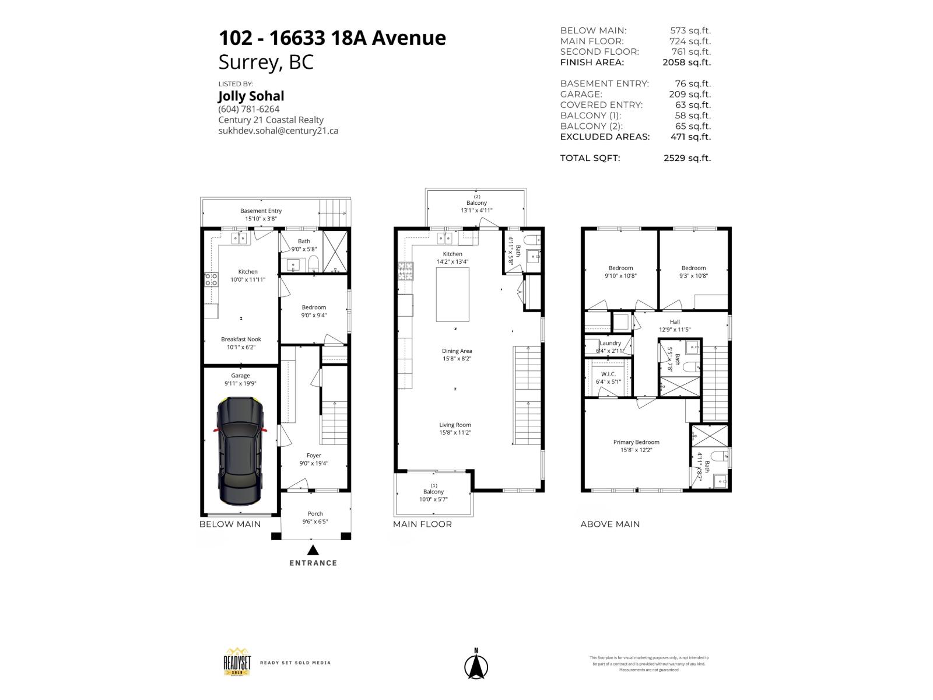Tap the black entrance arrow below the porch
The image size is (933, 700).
pyautogui.click(x=313, y=549)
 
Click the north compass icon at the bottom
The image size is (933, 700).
pyautogui.click(x=476, y=665)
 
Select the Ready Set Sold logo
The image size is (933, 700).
pyautogui.click(x=234, y=662)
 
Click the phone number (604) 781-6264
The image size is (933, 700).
pyautogui.click(x=248, y=109)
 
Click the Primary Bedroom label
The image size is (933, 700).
pyautogui.click(x=636, y=442)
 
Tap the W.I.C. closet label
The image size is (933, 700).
pyautogui.click(x=608, y=374)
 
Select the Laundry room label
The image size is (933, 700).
pyautogui.click(x=611, y=343)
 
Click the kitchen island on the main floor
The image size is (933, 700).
pyautogui.click(x=453, y=295)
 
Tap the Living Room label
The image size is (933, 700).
pyautogui.click(x=455, y=425)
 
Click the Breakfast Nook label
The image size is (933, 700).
pyautogui.click(x=241, y=339)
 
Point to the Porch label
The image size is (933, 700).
pyautogui.click(x=315, y=514)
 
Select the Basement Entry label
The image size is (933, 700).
pyautogui.click(x=261, y=211)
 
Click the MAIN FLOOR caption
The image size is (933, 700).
pyautogui.click(x=422, y=524)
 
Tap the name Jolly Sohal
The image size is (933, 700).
pyautogui.click(x=251, y=96)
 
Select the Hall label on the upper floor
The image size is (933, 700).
pyautogui.click(x=675, y=322)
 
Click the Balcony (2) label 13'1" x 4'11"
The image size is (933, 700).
pyautogui.click(x=476, y=203)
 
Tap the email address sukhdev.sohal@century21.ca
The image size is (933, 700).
pyautogui.click(x=278, y=131)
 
